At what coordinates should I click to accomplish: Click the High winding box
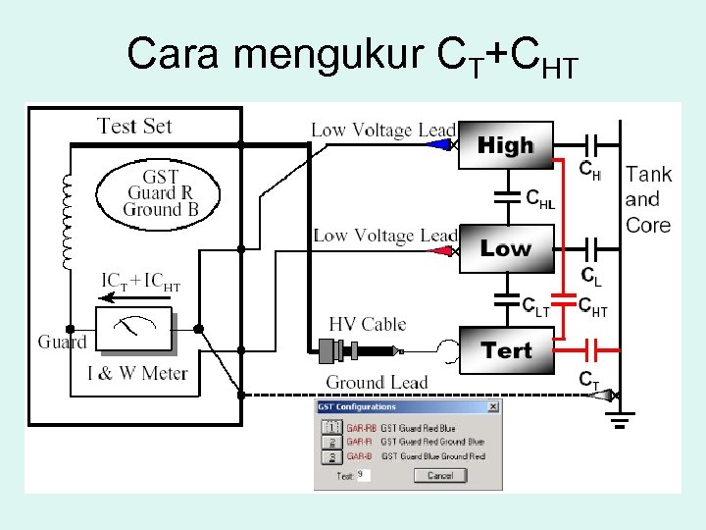pyautogui.click(x=505, y=146)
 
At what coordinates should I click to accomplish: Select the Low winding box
pyautogui.click(x=505, y=248)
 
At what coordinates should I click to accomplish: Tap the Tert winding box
pyautogui.click(x=505, y=350)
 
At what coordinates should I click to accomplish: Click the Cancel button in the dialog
pyautogui.click(x=439, y=475)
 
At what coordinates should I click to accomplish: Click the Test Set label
pyautogui.click(x=134, y=126)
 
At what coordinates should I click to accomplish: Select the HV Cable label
pyautogui.click(x=368, y=324)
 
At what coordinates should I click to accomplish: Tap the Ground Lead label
pyautogui.click(x=377, y=382)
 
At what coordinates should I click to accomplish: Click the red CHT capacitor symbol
pyautogui.click(x=565, y=294)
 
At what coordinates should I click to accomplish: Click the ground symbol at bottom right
pyautogui.click(x=619, y=422)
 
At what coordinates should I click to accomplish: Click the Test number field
pyautogui.click(x=363, y=475)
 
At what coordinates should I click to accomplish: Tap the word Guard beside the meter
pyautogui.click(x=62, y=342)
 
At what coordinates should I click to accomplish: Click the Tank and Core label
pyautogui.click(x=648, y=199)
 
